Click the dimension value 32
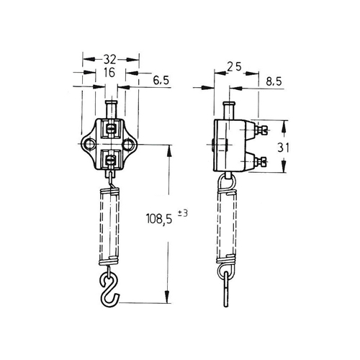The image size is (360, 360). coord(109,59)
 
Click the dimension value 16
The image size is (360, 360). coord(109,73)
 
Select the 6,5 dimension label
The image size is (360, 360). coord(161,81)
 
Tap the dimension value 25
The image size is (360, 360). coord(234,67)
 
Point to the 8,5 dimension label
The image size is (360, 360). coord(274,82)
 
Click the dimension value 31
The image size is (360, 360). coord(283,148)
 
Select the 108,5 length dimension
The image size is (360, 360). coord(159,219)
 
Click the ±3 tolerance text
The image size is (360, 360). coord(182,213)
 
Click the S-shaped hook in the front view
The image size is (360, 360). coord(109,290)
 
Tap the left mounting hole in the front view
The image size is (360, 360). coord(89,144)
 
